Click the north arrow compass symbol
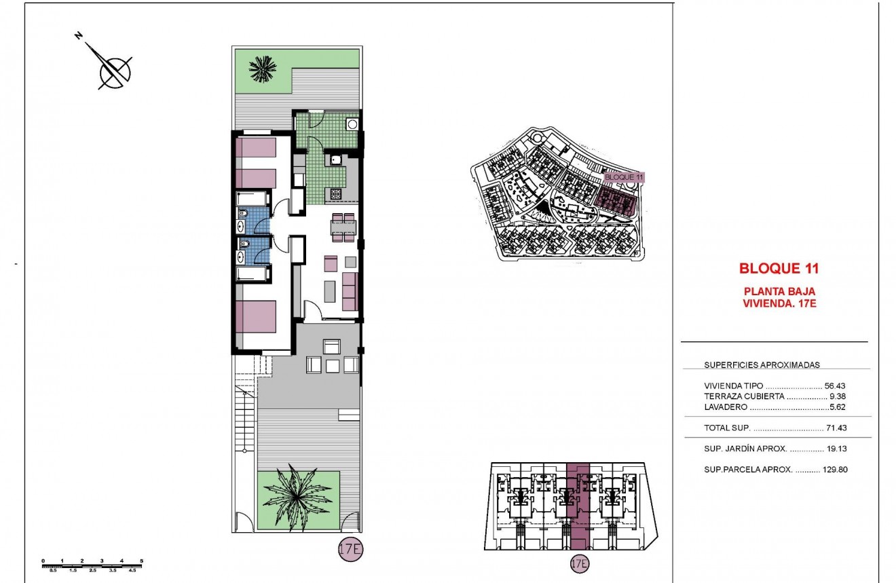111,67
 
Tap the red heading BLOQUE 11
779,268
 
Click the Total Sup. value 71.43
836,428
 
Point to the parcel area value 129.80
834,469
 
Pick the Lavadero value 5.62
838,407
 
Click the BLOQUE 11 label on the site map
623,177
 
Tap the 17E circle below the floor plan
349,550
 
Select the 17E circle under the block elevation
579,563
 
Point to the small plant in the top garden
262,68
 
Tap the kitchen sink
335,160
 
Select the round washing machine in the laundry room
352,124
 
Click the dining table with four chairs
343,227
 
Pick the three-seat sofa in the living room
350,292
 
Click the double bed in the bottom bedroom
256,316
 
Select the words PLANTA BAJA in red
779,292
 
